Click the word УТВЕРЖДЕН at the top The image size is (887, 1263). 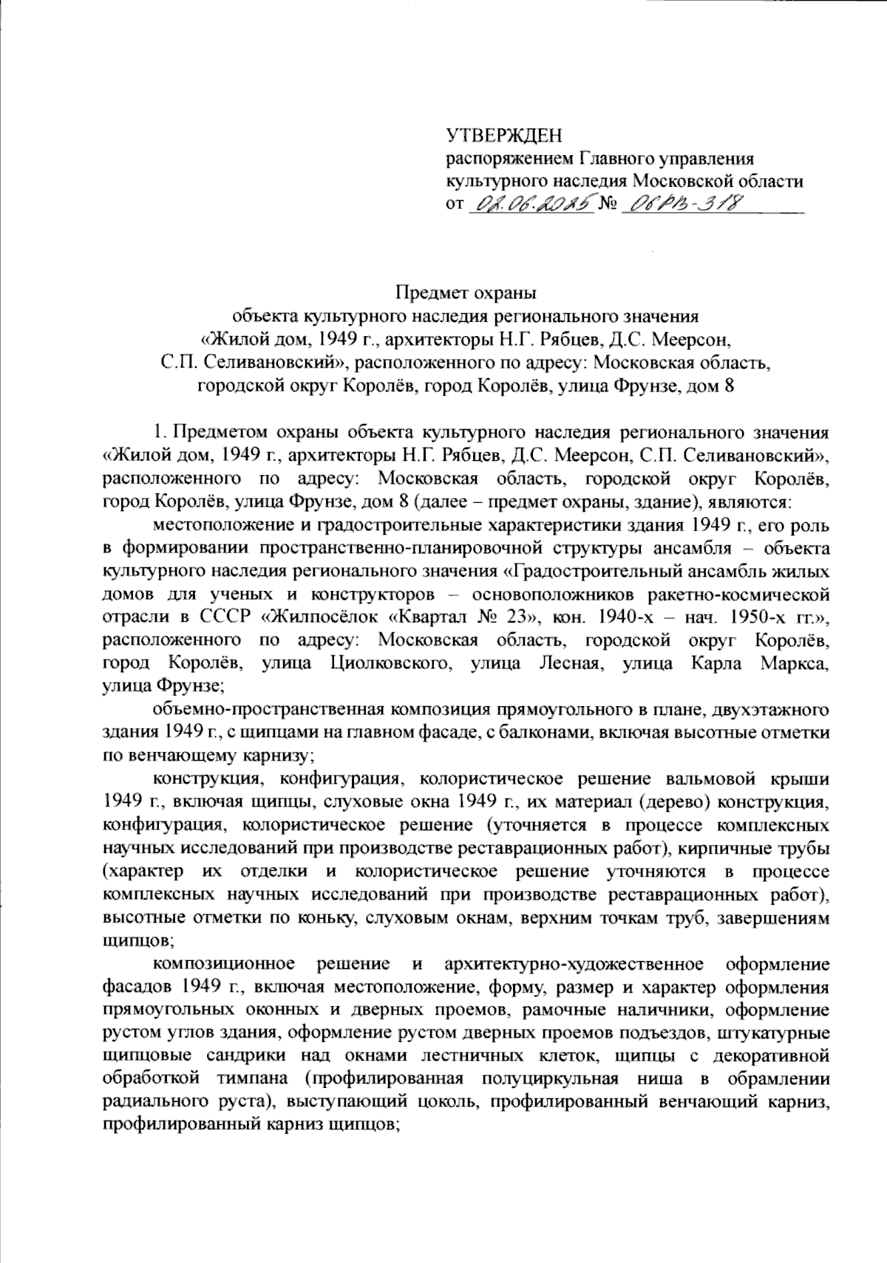(x=505, y=136)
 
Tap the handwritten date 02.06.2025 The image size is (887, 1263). (x=529, y=202)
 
